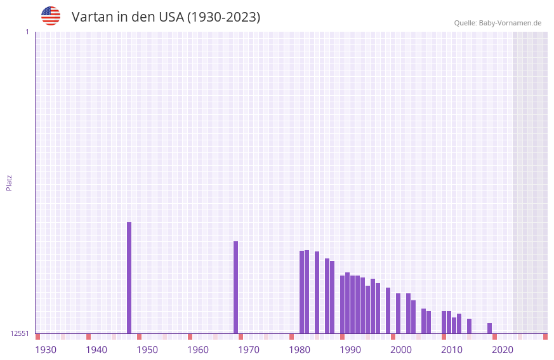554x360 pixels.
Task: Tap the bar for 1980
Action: click(302, 292)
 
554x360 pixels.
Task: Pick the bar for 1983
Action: click(317, 292)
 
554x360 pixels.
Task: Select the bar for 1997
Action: click(388, 310)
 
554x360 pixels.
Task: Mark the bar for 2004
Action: click(424, 321)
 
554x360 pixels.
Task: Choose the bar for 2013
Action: click(470, 326)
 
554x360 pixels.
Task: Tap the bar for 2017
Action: click(490, 328)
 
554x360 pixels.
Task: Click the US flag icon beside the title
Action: click(51, 17)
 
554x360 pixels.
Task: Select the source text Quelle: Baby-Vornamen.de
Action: click(498, 23)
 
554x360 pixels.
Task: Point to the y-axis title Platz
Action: click(9, 182)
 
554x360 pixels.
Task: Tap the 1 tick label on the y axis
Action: click(27, 32)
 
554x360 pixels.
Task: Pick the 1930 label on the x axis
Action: click(46, 350)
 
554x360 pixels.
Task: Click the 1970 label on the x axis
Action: click(249, 350)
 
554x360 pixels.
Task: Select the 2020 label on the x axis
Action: click(503, 350)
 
